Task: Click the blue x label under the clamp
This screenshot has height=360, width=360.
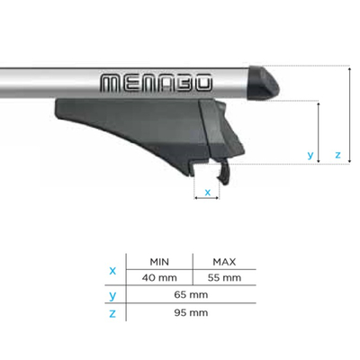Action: pyautogui.click(x=208, y=192)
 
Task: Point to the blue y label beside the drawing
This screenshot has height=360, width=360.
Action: pyautogui.click(x=310, y=156)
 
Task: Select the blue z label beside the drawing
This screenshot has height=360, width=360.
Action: pyautogui.click(x=337, y=156)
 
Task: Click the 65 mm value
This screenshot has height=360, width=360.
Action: pyautogui.click(x=191, y=294)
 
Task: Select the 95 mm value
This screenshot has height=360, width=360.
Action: pyautogui.click(x=191, y=312)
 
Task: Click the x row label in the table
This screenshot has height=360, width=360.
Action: pyautogui.click(x=112, y=269)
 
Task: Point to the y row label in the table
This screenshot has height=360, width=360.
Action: pyautogui.click(x=112, y=294)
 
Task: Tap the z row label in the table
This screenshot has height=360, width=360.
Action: pyautogui.click(x=112, y=312)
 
